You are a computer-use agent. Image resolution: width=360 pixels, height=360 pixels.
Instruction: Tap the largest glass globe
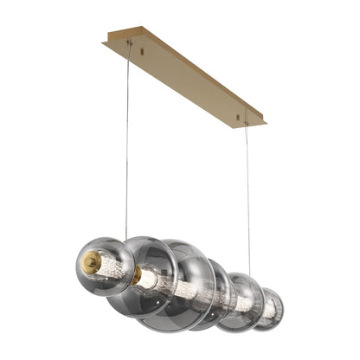tap(182, 286)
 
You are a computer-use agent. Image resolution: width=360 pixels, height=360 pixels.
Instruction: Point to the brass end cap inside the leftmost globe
tap(91, 260)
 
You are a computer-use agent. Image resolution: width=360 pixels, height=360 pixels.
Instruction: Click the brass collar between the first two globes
tap(136, 275)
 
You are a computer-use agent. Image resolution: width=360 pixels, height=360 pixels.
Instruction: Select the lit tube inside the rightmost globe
tap(270, 309)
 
